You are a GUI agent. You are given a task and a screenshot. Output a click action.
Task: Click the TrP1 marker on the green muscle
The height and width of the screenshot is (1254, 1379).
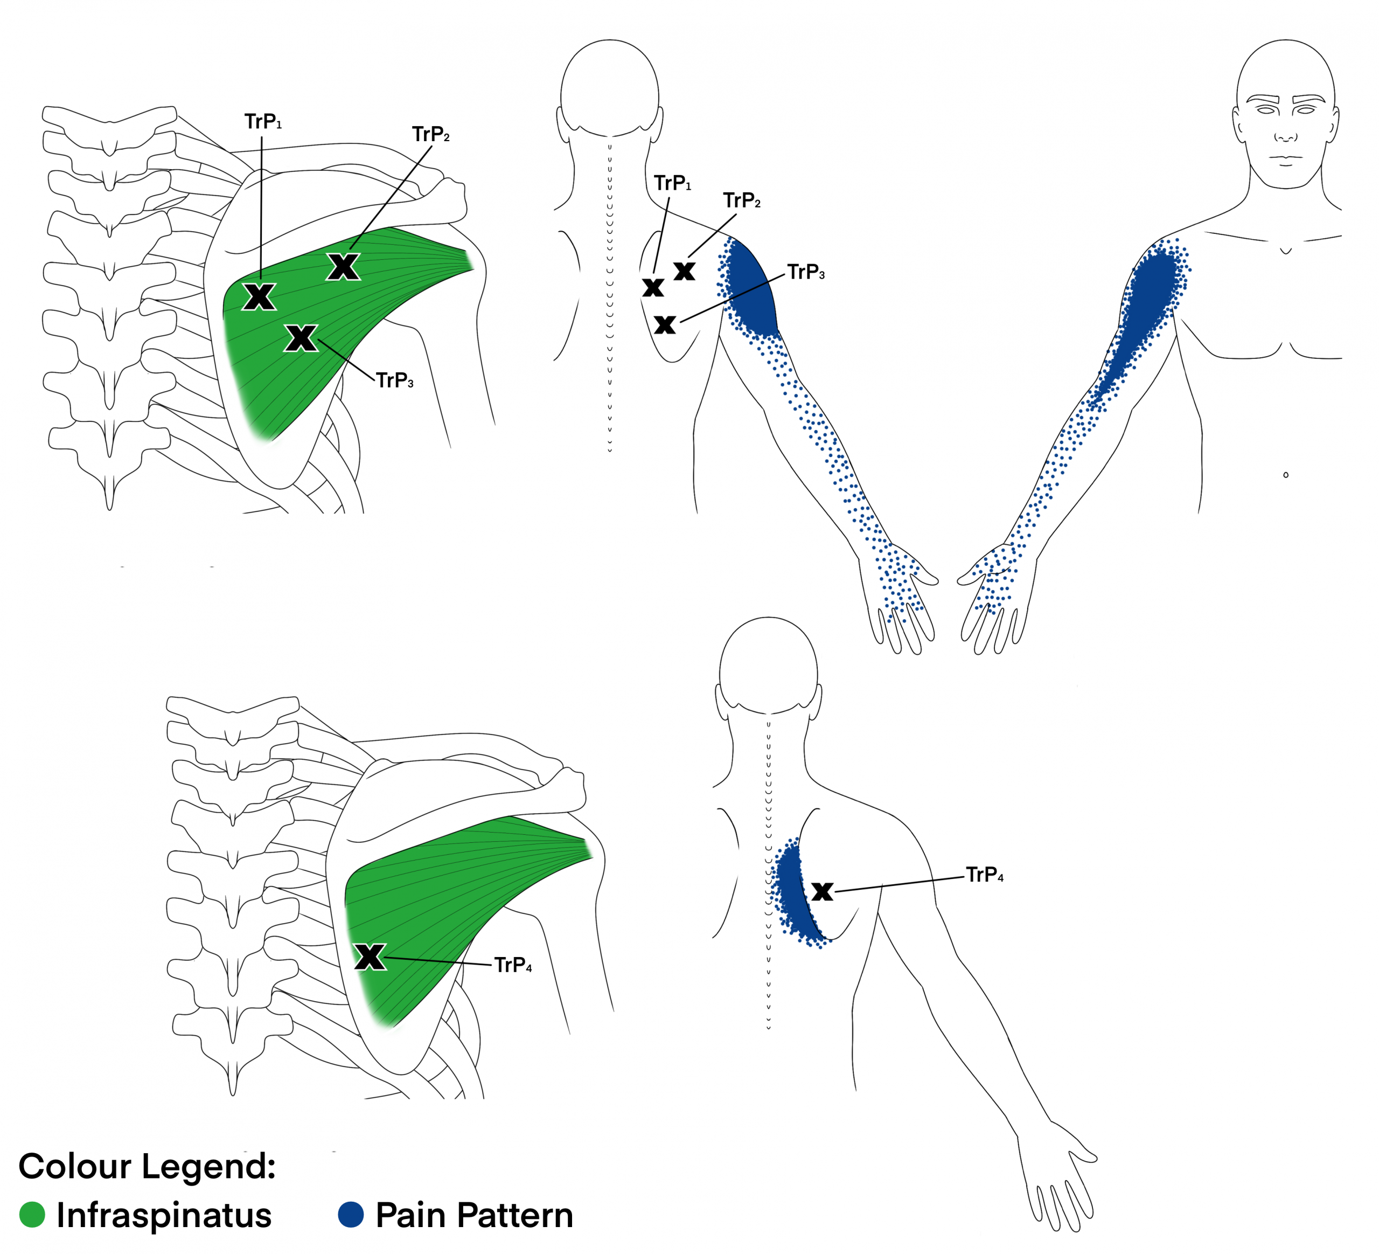[x=259, y=297]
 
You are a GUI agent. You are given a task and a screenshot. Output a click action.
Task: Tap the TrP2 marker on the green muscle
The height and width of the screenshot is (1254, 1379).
[x=343, y=266]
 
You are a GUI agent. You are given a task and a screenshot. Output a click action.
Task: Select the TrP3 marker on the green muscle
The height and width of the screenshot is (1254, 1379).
[x=301, y=338]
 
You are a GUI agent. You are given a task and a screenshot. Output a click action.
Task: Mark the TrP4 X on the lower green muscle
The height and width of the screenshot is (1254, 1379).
[x=370, y=957]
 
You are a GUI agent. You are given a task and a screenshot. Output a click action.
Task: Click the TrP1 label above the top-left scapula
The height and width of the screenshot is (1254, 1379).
[x=263, y=122]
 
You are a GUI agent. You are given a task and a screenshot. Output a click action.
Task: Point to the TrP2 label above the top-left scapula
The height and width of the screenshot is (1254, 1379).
[x=431, y=134]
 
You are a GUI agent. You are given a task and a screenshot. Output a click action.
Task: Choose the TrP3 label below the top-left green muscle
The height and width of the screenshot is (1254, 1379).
[x=395, y=380]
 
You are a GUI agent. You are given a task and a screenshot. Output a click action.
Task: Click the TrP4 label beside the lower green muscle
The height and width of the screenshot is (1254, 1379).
[x=513, y=965]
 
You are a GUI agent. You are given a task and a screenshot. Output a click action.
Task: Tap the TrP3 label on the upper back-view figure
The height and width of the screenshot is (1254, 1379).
[x=806, y=272]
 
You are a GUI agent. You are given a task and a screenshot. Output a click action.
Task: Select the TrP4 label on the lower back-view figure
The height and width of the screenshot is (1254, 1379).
[x=984, y=875]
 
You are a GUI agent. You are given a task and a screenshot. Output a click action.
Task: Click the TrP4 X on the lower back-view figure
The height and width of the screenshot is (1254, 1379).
[x=822, y=891]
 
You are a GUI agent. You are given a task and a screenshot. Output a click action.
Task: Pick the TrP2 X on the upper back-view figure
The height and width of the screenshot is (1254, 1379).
[x=684, y=271]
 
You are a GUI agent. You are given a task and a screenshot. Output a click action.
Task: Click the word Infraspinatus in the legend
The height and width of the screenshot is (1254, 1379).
[x=164, y=1215]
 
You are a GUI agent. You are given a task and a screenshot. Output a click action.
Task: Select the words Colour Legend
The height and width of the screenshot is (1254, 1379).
[x=147, y=1166]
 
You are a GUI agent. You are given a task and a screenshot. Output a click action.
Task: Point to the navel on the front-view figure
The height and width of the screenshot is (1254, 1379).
[x=1286, y=475]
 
